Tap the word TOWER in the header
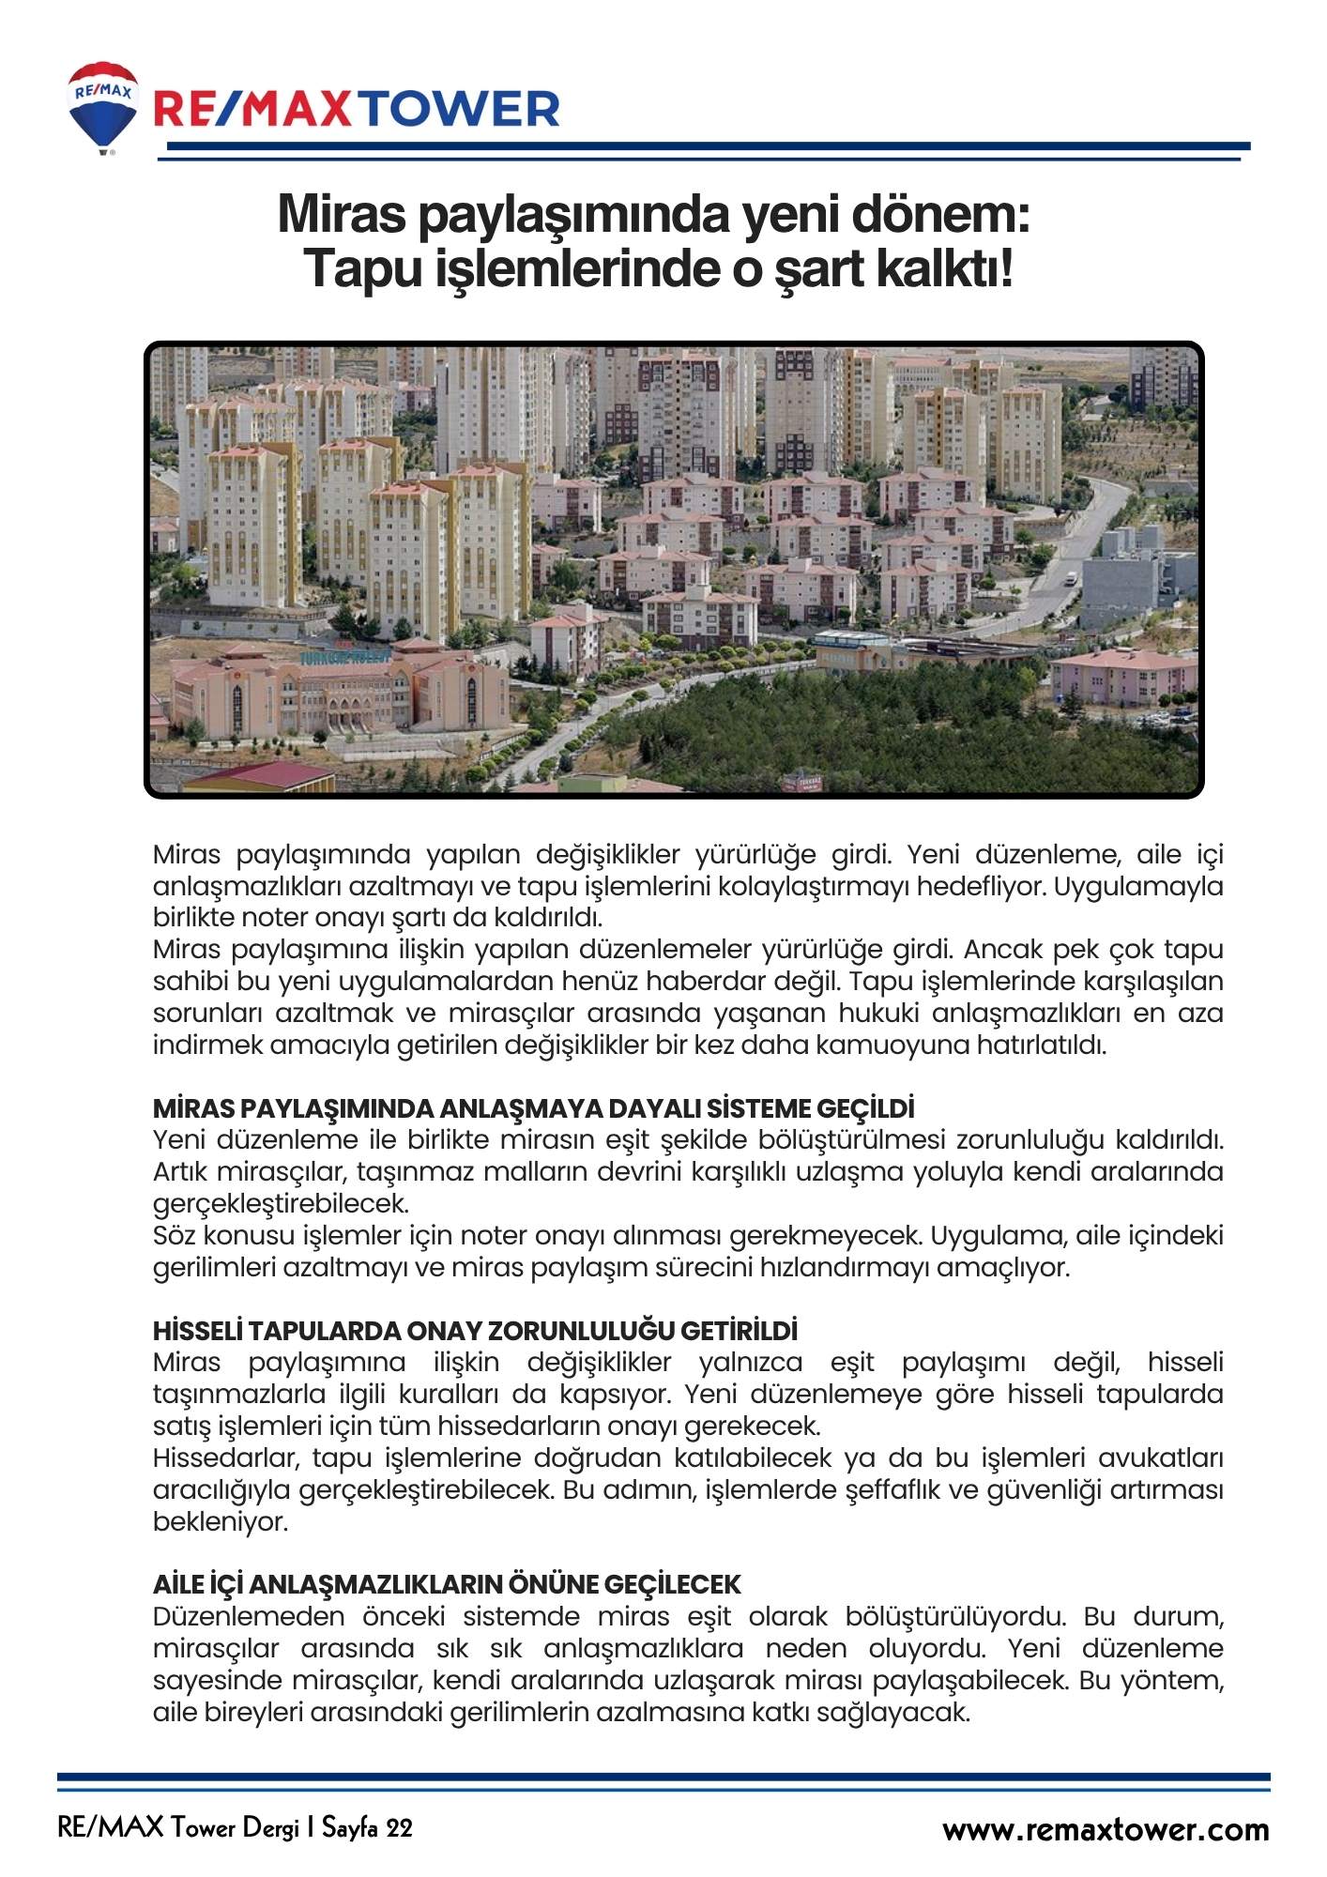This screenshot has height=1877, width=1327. (x=461, y=110)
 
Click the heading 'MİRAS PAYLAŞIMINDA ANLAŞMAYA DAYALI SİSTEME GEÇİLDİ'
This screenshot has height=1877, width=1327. (x=533, y=1108)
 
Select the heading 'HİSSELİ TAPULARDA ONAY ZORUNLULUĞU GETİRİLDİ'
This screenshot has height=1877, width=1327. (x=475, y=1331)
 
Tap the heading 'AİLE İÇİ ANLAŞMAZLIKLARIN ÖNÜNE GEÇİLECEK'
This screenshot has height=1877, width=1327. (x=447, y=1584)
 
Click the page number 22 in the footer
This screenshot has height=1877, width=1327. (x=398, y=1828)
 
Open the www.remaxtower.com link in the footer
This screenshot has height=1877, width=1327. (x=1106, y=1829)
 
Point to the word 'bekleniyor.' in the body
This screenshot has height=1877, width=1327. (x=221, y=1521)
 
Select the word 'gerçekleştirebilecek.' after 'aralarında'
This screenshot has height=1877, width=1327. (x=281, y=1203)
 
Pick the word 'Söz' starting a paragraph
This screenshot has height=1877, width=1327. (x=174, y=1235)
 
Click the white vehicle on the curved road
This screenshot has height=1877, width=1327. (x=1071, y=577)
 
